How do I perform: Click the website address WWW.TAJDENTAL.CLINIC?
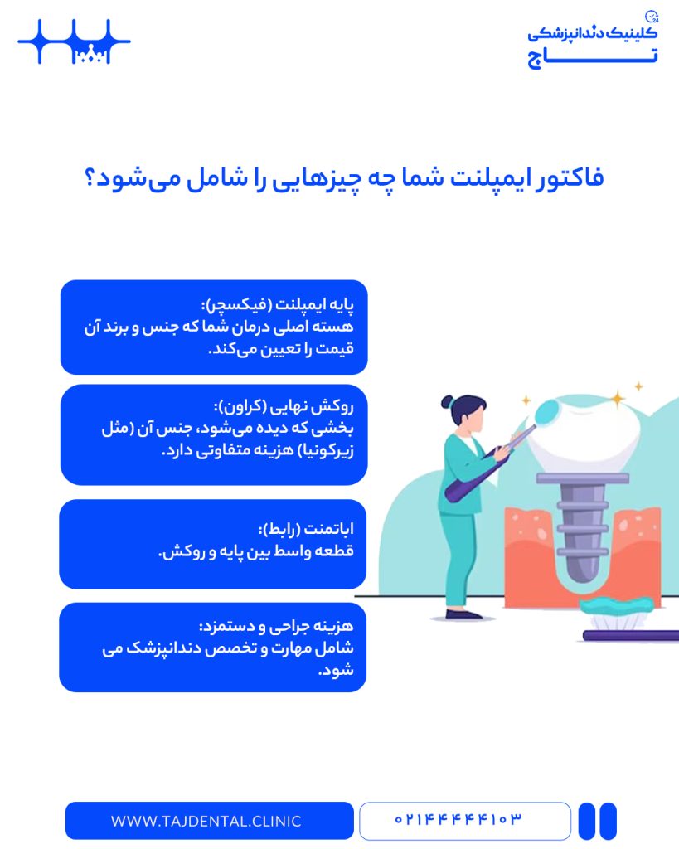tap(206, 821)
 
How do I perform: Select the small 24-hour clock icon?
tap(652, 17)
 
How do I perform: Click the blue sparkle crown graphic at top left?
tap(74, 41)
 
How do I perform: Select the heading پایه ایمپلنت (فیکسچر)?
tap(277, 305)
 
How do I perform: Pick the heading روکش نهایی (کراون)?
tap(284, 406)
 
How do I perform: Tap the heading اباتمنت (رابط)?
tap(306, 528)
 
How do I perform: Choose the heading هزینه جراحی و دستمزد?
tap(276, 627)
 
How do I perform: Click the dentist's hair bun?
tap(447, 402)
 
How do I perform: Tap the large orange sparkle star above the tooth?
tap(618, 399)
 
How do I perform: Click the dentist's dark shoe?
tap(463, 614)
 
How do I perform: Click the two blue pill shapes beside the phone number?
tap(598, 821)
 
